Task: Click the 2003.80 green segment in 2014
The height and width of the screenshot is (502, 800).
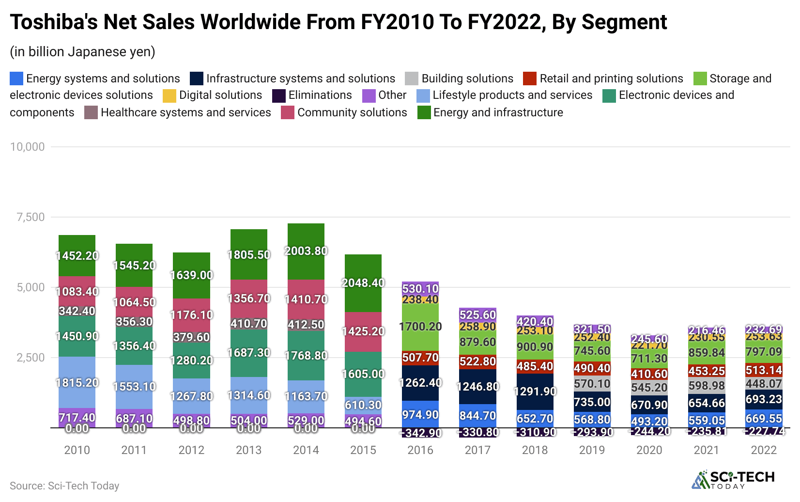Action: point(306,251)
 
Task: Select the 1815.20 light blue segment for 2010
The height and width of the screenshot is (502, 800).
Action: point(77,382)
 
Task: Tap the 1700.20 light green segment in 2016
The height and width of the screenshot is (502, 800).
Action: point(420,327)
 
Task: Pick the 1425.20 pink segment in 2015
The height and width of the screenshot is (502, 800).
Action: point(363,331)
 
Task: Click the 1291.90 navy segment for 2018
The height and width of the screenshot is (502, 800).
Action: point(535,391)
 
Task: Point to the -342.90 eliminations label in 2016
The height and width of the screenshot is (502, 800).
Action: point(420,433)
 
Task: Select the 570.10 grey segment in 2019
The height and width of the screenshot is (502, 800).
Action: point(592,384)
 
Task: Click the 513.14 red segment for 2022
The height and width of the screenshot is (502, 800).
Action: point(764,370)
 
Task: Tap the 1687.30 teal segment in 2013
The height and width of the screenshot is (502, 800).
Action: point(248,352)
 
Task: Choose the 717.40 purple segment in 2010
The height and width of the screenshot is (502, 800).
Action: point(77,417)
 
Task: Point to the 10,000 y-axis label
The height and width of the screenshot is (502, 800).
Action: point(28,147)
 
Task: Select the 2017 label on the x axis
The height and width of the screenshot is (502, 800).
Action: point(477,450)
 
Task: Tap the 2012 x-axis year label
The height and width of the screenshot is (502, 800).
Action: point(191,450)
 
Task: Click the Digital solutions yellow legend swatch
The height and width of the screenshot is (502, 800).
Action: point(169,95)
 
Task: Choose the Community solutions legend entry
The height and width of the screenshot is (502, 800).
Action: point(352,112)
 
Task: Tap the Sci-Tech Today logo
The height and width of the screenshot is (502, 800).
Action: point(733,480)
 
